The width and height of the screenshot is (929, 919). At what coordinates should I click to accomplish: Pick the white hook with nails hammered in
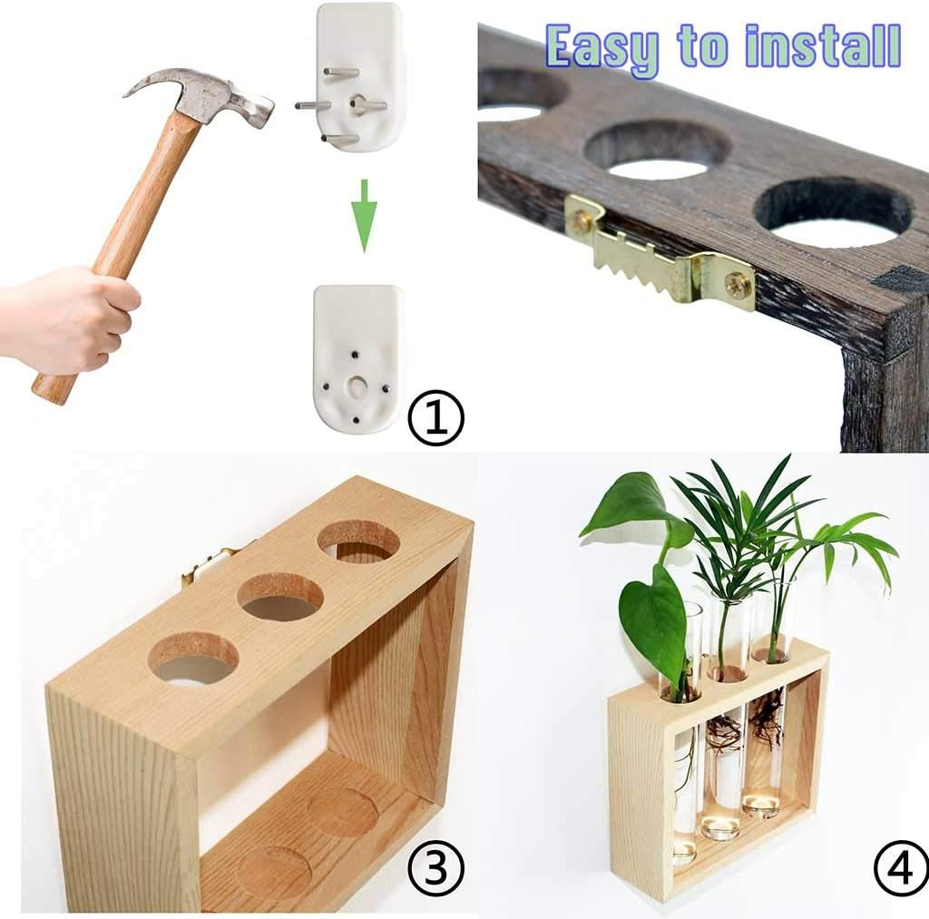[x=357, y=358]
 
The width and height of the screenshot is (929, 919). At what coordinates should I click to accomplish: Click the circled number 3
[x=435, y=868]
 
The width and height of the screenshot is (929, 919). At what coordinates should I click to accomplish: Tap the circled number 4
[x=900, y=868]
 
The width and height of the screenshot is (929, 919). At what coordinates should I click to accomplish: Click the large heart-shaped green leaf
[x=653, y=617]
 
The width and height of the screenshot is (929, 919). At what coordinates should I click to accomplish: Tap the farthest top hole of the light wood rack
[x=358, y=541]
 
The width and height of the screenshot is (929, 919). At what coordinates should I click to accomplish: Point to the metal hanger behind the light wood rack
[x=205, y=567]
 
